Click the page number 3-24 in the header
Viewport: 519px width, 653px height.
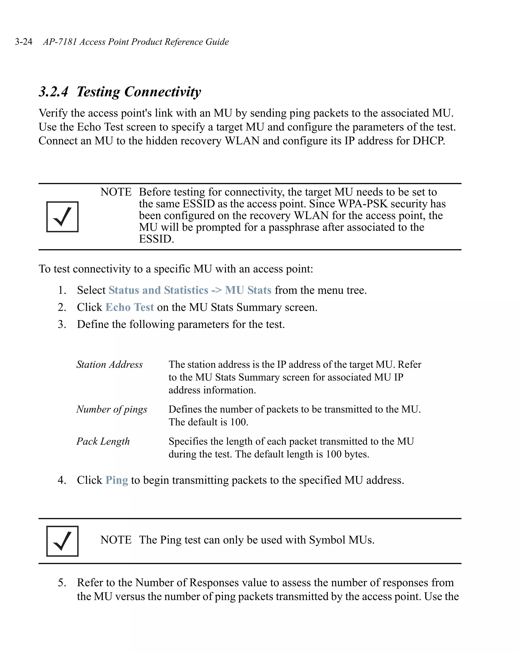24,42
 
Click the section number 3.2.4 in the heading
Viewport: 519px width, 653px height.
54,92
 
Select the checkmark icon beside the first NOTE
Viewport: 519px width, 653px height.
62,216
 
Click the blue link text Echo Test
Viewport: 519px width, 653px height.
130,307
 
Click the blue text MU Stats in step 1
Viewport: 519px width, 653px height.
248,290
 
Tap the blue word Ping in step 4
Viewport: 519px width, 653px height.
117,480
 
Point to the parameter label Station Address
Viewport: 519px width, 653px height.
109,364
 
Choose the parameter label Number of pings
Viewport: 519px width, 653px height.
112,409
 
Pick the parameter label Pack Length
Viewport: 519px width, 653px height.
103,441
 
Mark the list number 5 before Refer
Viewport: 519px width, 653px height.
62,582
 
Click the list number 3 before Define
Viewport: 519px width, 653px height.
62,324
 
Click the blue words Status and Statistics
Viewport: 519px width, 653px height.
158,290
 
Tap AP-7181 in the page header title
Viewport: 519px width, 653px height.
60,42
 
